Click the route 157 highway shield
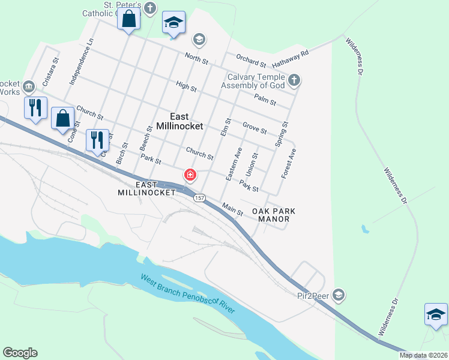tap(199, 198)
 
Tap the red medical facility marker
tap(190, 175)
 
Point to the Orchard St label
tap(251, 62)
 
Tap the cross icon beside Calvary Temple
tap(294, 80)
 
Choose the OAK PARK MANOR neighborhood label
tap(274, 215)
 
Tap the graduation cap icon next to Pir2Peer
tap(339, 294)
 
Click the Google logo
tap(20, 352)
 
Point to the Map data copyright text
tap(424, 355)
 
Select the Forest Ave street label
tap(289, 163)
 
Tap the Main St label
tap(232, 210)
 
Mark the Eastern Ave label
tap(234, 164)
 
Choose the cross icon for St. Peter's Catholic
tap(150, 8)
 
